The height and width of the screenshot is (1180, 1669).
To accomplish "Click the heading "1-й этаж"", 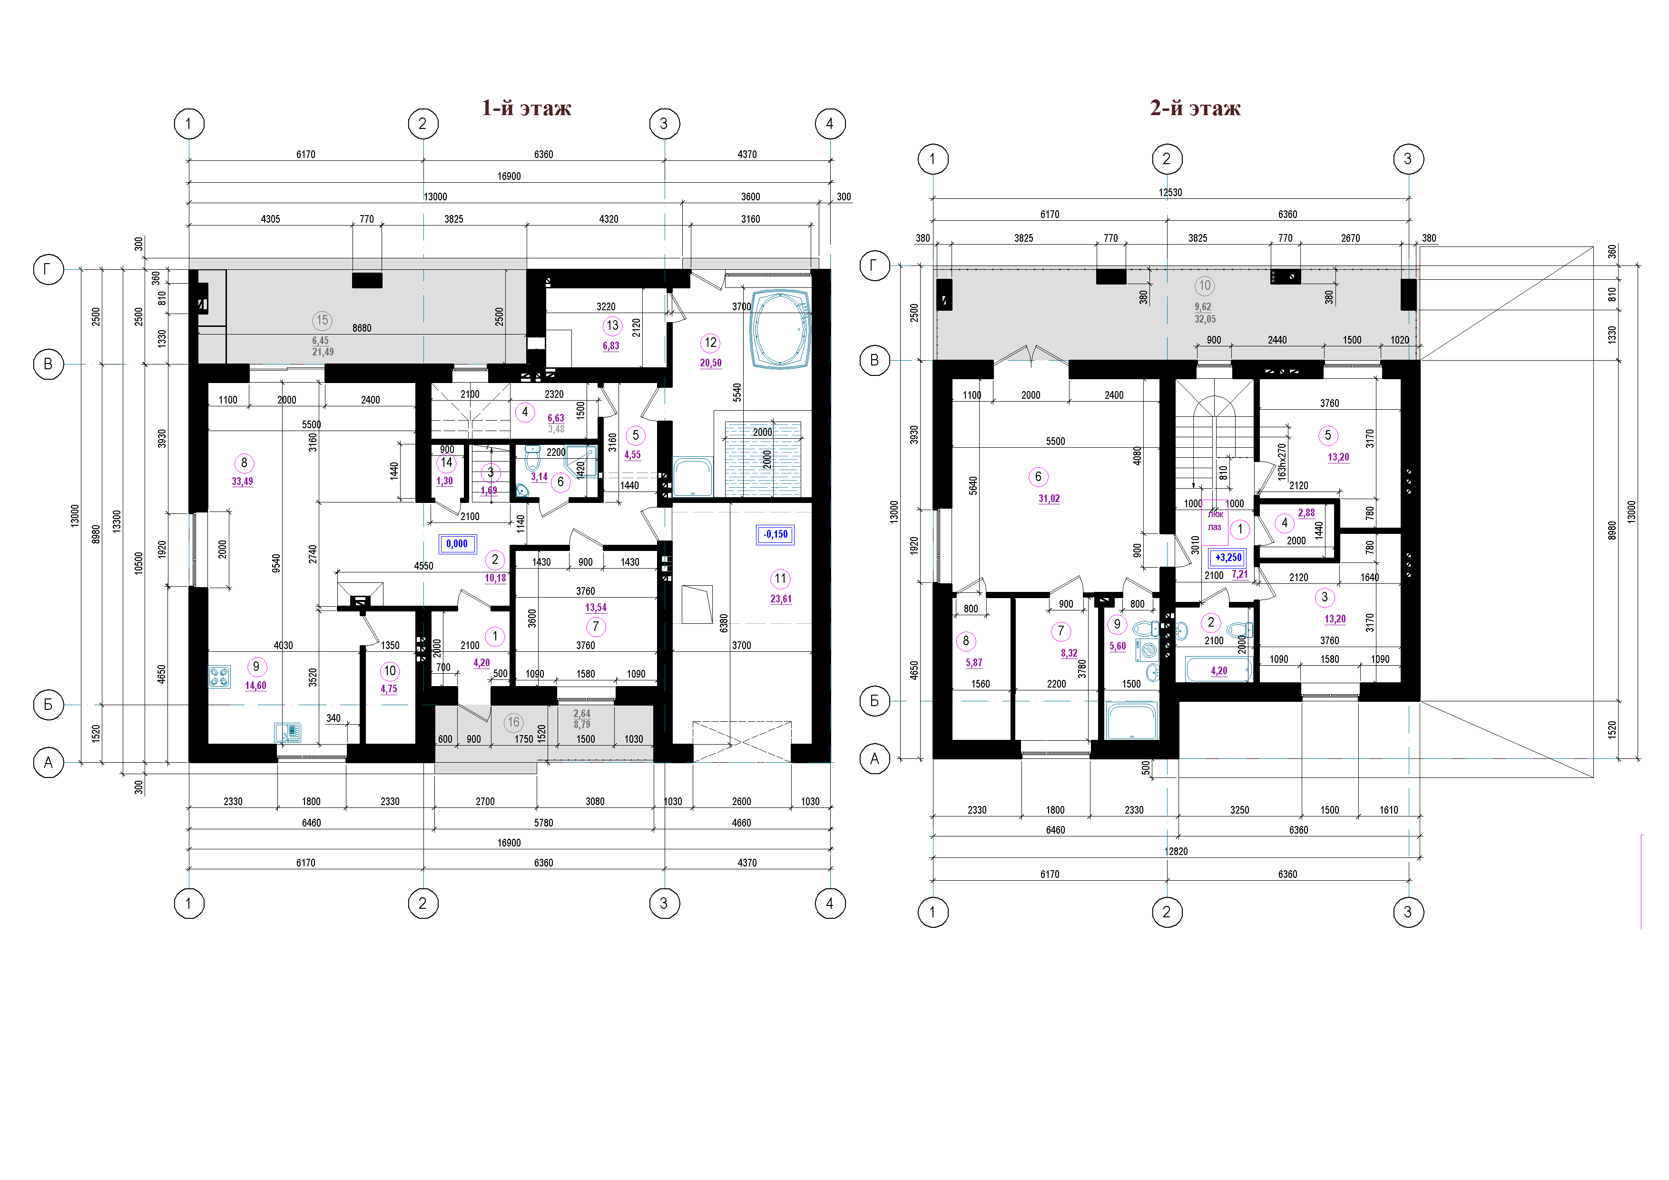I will [x=526, y=108].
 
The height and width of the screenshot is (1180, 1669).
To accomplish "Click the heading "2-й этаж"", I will [x=1195, y=108].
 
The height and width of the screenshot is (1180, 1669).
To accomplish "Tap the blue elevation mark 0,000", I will [x=457, y=544].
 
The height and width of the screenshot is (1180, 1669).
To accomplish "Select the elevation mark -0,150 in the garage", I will [x=776, y=534].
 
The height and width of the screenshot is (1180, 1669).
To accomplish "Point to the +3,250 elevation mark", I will [x=1228, y=558].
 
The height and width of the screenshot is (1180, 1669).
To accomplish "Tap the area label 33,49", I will [x=242, y=482].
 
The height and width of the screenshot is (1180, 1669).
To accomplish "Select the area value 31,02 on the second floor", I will [x=1049, y=499].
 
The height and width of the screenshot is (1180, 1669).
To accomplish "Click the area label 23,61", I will [x=781, y=599].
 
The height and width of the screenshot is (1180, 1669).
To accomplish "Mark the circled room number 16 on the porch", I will [x=514, y=722].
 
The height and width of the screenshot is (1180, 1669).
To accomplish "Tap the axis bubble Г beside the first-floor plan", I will [x=48, y=270].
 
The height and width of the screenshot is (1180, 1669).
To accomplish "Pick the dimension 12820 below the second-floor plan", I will [x=1176, y=851].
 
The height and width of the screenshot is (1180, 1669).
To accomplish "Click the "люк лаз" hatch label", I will [x=1215, y=521].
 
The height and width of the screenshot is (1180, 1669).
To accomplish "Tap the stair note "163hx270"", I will [x=1282, y=462].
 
